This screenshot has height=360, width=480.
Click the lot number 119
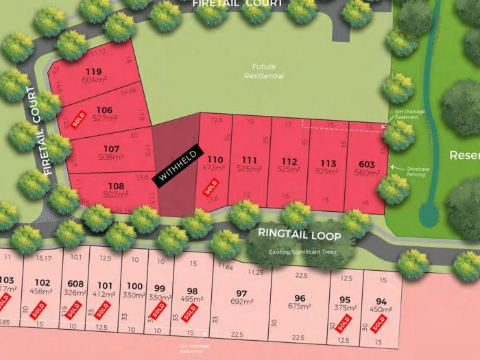tap(93, 71)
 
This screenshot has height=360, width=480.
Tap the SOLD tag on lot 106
tap(80, 118)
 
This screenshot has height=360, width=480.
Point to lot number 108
tap(116, 186)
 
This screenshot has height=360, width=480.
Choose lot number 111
tap(250, 160)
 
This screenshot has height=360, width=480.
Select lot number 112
tap(289, 161)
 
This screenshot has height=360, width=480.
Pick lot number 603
tap(367, 164)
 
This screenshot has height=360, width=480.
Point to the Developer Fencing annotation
tap(418, 170)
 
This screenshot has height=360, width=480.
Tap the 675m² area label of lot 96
tap(300, 307)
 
